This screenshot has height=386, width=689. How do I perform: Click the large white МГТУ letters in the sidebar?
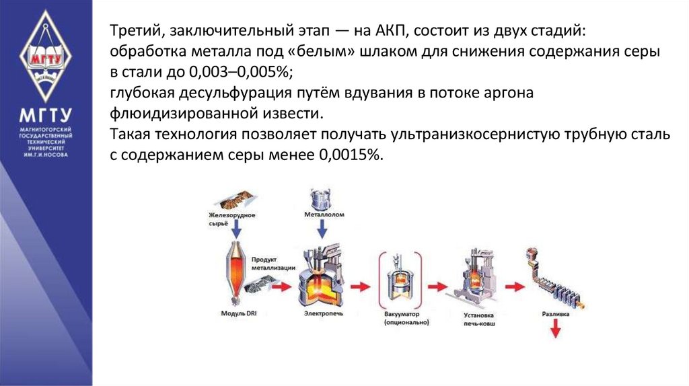(x=45, y=113)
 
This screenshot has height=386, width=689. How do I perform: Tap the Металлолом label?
(x=322, y=215)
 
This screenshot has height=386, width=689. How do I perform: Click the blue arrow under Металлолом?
(x=322, y=229)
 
